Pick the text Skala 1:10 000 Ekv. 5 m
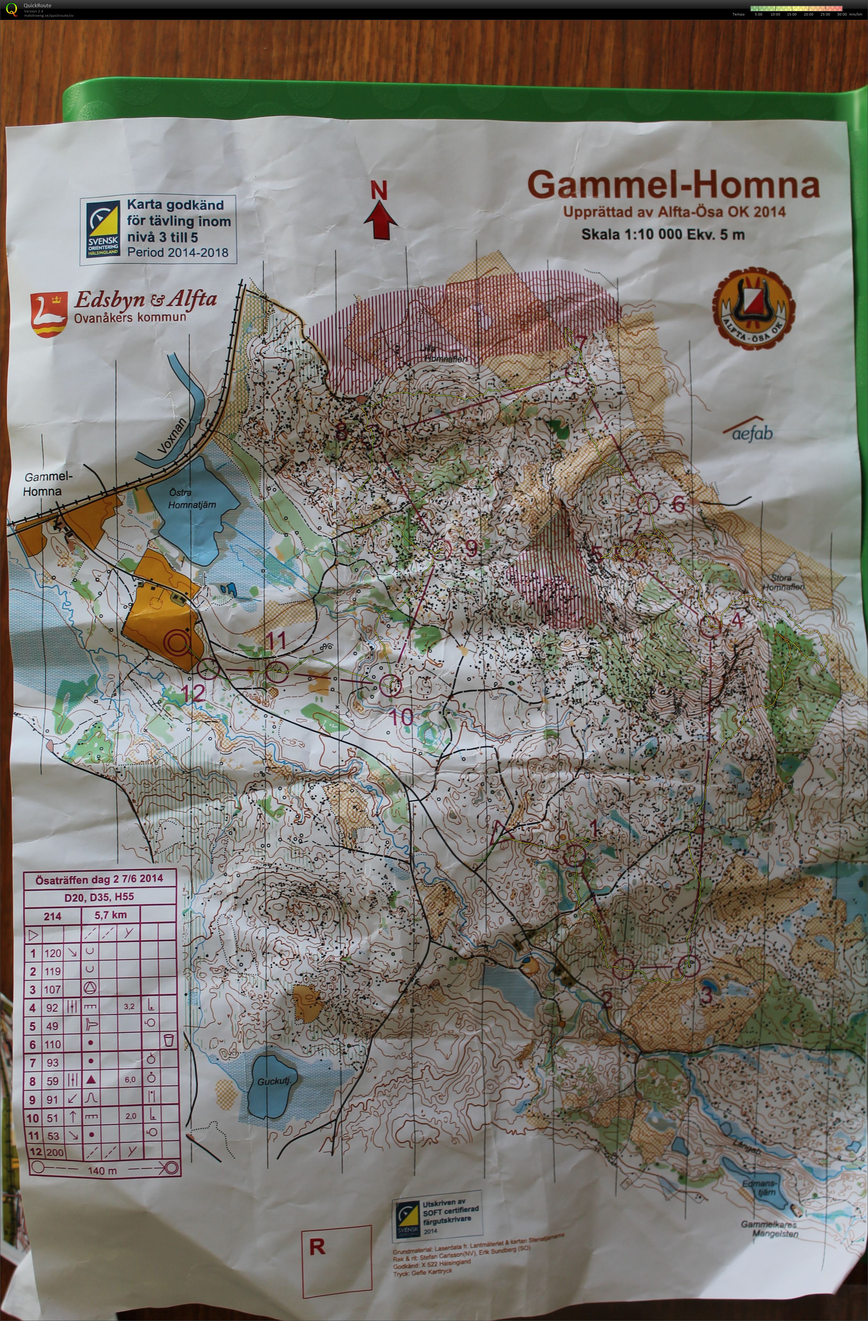[x=662, y=234]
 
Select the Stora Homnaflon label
[x=783, y=582]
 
